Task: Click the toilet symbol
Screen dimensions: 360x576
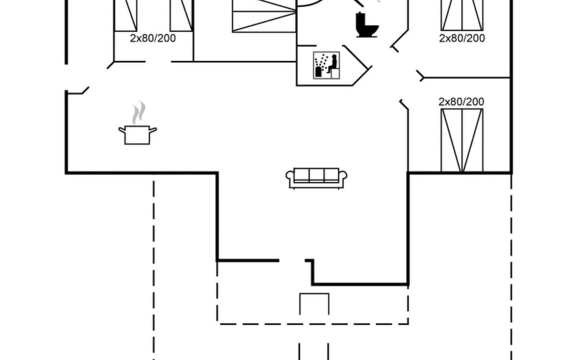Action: pyautogui.click(x=367, y=25)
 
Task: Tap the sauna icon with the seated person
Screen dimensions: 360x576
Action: pyautogui.click(x=326, y=65)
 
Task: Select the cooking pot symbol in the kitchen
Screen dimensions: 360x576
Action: pyautogui.click(x=138, y=135)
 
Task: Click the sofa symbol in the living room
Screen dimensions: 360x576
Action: pyautogui.click(x=317, y=178)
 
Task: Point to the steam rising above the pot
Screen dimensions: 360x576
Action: pyautogui.click(x=139, y=112)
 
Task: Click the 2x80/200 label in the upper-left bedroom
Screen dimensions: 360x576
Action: pyautogui.click(x=153, y=38)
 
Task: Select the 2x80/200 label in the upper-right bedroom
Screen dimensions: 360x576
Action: pyautogui.click(x=462, y=38)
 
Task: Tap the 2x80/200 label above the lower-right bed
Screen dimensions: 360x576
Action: pyautogui.click(x=461, y=102)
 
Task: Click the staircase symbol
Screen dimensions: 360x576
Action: pyautogui.click(x=264, y=16)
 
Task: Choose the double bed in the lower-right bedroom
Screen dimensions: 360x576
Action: pyautogui.click(x=462, y=140)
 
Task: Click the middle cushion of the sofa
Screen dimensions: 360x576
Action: pyautogui.click(x=317, y=175)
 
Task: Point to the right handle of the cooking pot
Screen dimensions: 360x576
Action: pyautogui.click(x=154, y=129)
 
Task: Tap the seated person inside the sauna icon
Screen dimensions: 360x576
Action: pyautogui.click(x=333, y=64)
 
